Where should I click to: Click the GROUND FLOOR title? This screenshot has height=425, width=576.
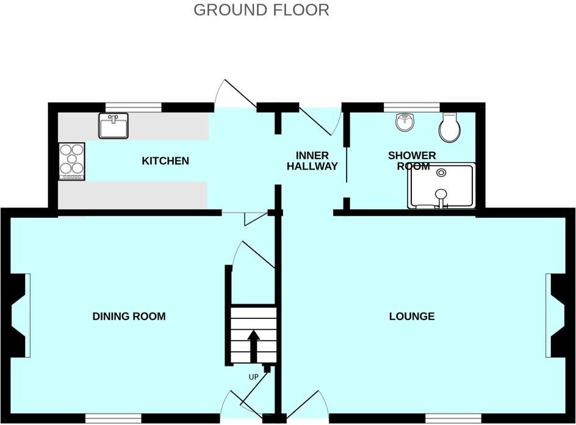pos(261,10)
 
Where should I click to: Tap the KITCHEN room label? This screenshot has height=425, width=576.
pos(165,161)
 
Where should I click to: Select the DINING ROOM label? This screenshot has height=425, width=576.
pos(129,316)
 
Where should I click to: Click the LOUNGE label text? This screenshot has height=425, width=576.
pos(412,316)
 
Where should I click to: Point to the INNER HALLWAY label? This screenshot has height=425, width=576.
pos(312,160)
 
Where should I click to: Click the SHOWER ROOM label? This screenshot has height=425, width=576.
pos(412,160)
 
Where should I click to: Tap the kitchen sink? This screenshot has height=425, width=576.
pos(113,126)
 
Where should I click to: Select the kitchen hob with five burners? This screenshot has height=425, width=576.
pos(71,161)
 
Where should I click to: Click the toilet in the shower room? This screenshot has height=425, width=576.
pos(450,127)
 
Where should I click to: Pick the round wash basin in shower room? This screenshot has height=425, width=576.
pos(405,123)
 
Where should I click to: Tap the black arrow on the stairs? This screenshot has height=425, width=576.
pos(253,345)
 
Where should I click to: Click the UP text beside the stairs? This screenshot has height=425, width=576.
pos(254,377)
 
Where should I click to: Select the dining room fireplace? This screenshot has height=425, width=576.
pos(20,315)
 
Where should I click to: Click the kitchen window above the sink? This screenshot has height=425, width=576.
pos(133,108)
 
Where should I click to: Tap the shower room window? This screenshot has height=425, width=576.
pos(411,108)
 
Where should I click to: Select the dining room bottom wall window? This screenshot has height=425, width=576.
pos(113,418)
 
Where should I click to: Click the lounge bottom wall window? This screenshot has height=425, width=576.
pos(453,418)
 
